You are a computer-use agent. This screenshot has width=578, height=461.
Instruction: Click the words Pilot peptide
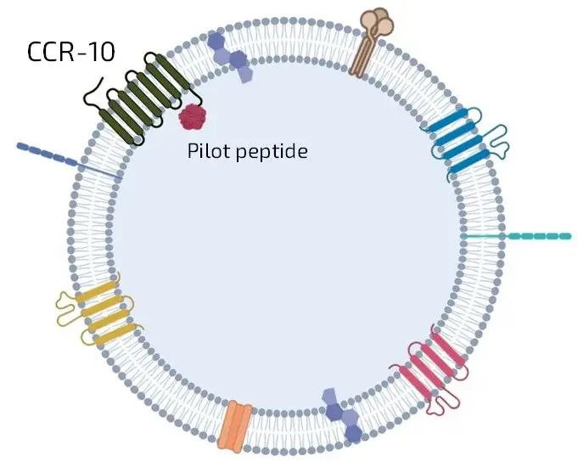pos(246,152)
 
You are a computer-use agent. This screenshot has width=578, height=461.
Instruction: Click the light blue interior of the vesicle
pos(289,255)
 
